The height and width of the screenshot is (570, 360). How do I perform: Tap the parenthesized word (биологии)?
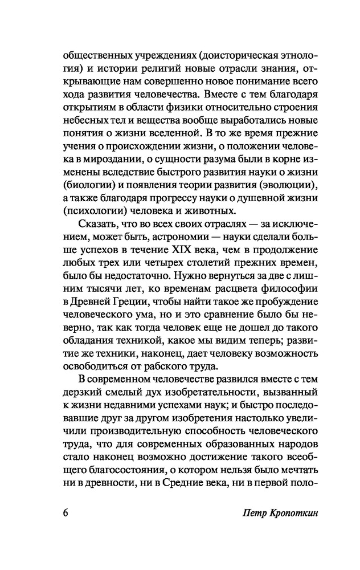(87, 189)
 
